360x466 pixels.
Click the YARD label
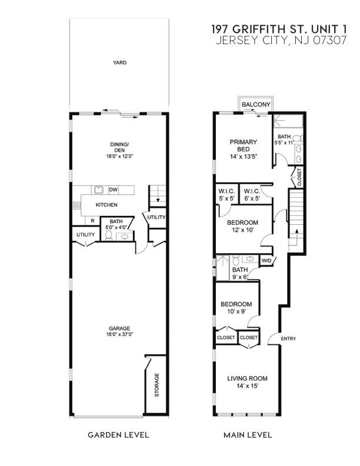[120, 62]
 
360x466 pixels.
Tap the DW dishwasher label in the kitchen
[113, 190]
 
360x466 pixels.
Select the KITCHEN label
[107, 205]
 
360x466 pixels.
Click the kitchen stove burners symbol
[76, 205]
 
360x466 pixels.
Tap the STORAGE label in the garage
[156, 385]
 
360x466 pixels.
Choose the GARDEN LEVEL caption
[118, 435]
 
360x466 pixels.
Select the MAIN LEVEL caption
[248, 435]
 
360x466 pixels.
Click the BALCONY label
[256, 105]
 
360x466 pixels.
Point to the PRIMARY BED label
[243, 145]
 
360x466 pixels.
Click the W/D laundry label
[266, 259]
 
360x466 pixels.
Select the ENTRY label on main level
[288, 338]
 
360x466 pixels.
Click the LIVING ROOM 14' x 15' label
[248, 382]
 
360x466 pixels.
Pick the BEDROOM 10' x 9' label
[236, 308]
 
